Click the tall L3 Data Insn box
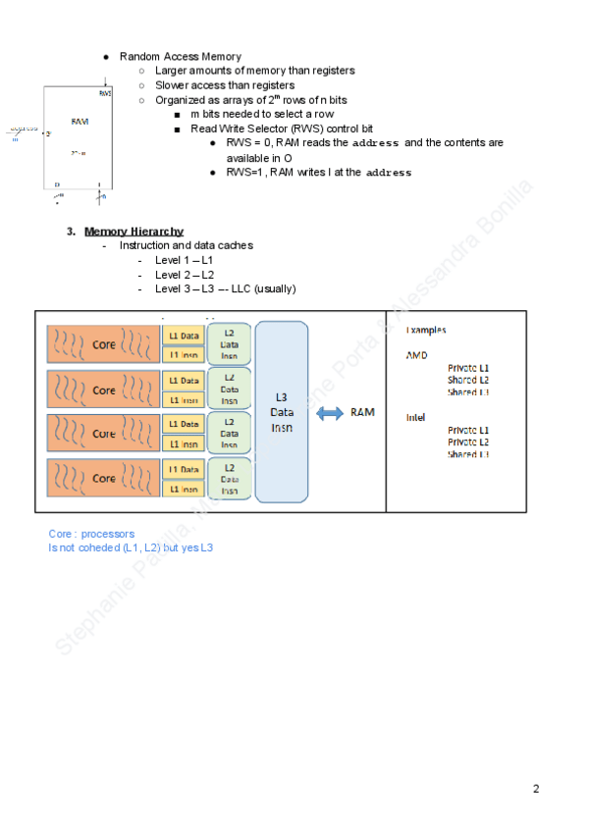coord(281,411)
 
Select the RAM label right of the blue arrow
coord(362,413)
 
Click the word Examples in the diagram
coord(426,331)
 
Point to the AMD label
coord(416,355)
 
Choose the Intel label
coord(416,417)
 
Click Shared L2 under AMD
coord(468,380)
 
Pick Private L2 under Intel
coord(468,442)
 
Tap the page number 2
coord(536,789)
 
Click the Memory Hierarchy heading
coord(134,232)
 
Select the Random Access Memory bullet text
coord(181,57)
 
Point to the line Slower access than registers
coord(225,85)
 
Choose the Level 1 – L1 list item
coord(184,259)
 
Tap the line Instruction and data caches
coord(186,245)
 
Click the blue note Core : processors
coord(92,534)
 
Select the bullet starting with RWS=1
coord(318,173)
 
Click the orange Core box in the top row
coord(103,344)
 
